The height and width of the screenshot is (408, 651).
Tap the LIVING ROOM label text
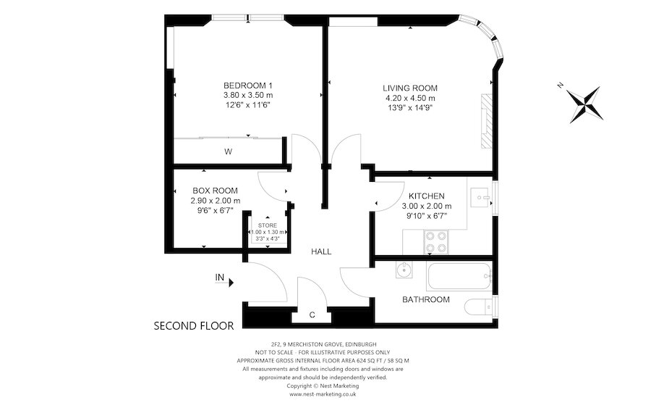[x=410, y=88]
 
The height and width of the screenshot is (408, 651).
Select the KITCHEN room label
[x=426, y=196]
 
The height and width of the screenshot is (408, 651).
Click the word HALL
[x=321, y=251]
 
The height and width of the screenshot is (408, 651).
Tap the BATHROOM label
[x=426, y=299]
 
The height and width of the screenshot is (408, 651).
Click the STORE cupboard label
[x=268, y=225]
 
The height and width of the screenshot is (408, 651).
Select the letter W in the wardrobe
[x=228, y=151]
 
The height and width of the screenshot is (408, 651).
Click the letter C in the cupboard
[x=312, y=315]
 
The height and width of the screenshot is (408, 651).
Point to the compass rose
[x=584, y=104]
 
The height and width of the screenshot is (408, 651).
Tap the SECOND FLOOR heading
[x=194, y=326]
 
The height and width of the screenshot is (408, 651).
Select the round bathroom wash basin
[x=404, y=271]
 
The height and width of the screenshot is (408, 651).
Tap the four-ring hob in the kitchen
[x=437, y=241]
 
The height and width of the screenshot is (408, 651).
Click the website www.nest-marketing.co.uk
[x=323, y=394]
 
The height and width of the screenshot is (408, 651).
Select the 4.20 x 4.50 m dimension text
[x=410, y=99]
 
